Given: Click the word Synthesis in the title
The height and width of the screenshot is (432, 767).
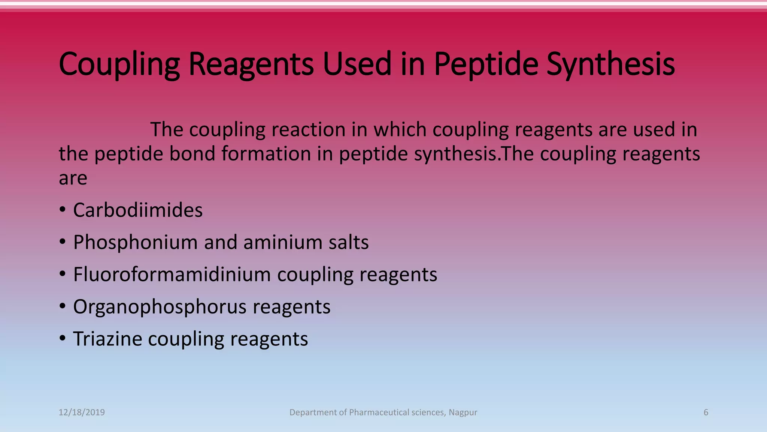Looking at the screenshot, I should (x=610, y=64).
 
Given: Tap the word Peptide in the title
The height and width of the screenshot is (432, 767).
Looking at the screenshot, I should (x=486, y=64).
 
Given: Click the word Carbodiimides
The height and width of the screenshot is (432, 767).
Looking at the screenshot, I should (x=137, y=210).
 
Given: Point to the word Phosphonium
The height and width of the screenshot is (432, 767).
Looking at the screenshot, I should (x=135, y=242).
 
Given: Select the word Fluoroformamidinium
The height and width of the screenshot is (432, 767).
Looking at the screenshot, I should (x=172, y=274).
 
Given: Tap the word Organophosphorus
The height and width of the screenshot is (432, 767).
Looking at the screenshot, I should (x=160, y=307).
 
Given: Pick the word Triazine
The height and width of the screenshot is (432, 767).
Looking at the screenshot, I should (x=107, y=339).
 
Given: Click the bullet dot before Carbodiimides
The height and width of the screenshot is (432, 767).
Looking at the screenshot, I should (x=63, y=209).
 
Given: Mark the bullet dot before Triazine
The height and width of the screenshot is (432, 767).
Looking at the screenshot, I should (x=63, y=338).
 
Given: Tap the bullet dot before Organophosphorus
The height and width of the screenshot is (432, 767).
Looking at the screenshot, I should (x=63, y=306).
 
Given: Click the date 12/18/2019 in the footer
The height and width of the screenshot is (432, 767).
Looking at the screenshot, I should (x=82, y=412).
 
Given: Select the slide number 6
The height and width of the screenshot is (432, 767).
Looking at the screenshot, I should (x=706, y=412).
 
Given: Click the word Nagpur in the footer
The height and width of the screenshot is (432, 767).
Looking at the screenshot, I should (x=463, y=412).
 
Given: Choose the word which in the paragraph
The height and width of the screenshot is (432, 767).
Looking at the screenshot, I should (x=400, y=130).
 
